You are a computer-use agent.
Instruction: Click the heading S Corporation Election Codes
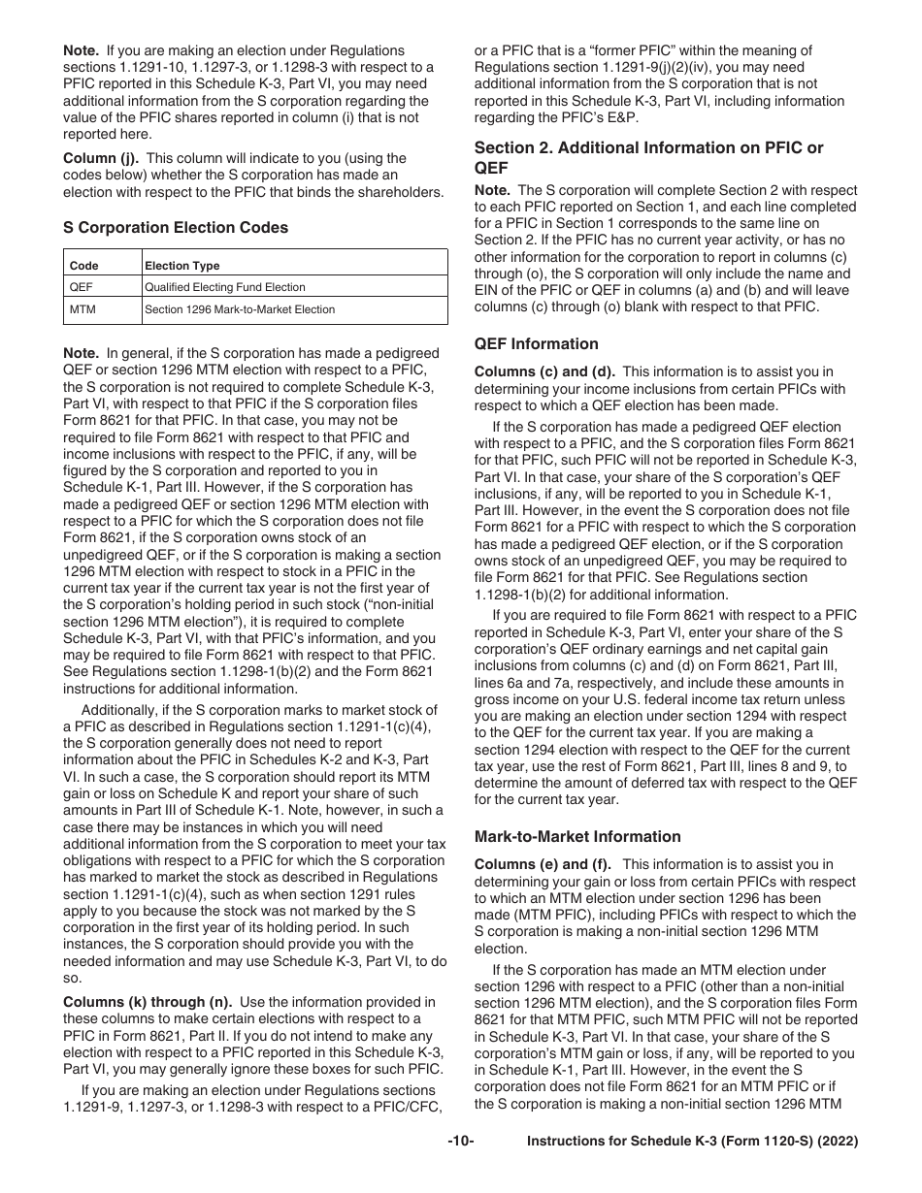pyautogui.click(x=175, y=228)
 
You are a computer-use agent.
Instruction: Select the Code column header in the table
pyautogui.click(x=83, y=266)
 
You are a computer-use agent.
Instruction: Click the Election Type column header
pyautogui.click(x=181, y=266)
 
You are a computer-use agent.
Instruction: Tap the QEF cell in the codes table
pyautogui.click(x=81, y=287)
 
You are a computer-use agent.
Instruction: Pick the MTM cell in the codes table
pyautogui.click(x=82, y=310)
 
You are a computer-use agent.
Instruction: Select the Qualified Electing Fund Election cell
pyautogui.click(x=224, y=287)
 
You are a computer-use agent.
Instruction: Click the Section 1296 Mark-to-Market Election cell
pyautogui.click(x=240, y=310)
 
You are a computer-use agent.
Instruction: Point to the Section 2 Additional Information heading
pyautogui.click(x=648, y=157)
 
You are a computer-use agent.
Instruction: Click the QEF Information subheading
pyautogui.click(x=536, y=344)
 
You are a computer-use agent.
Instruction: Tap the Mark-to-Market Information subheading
pyautogui.click(x=577, y=837)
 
